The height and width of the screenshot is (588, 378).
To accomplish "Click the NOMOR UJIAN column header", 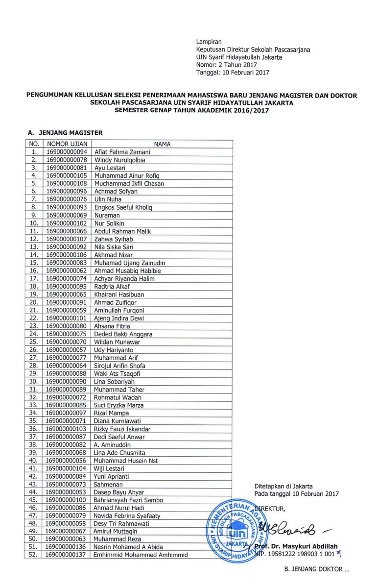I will (x=67, y=144).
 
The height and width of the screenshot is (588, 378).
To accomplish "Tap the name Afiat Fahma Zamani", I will (x=119, y=152).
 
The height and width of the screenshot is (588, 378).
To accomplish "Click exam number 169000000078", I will (x=67, y=160).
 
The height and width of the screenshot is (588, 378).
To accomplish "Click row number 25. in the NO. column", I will (x=34, y=342).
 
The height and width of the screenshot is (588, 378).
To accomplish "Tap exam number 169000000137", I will (x=67, y=555).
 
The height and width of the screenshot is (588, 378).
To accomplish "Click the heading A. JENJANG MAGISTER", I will (x=65, y=132).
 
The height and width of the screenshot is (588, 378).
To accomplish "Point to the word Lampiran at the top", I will (x=209, y=42).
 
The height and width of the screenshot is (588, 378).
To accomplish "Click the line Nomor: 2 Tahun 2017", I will (x=227, y=65).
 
